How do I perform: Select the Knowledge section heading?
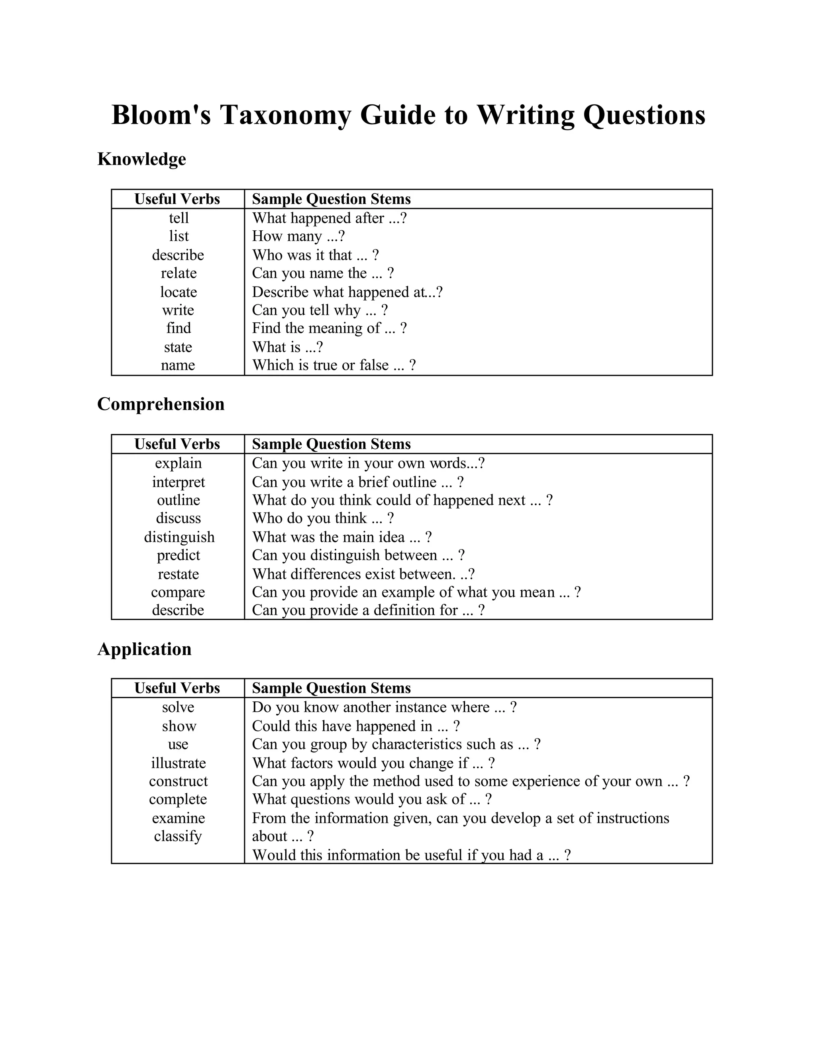pyautogui.click(x=141, y=159)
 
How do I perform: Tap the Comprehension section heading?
pyautogui.click(x=161, y=404)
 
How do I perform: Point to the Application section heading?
pyautogui.click(x=145, y=649)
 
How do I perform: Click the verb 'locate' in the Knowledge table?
pyautogui.click(x=178, y=292)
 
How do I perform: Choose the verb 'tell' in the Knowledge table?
pyautogui.click(x=178, y=218)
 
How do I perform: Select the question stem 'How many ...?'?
pyautogui.click(x=298, y=236)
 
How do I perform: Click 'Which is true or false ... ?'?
pyautogui.click(x=333, y=365)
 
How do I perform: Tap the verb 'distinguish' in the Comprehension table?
pyautogui.click(x=179, y=537)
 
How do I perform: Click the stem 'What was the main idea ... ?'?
pyautogui.click(x=342, y=537)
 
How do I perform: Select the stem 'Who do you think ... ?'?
pyautogui.click(x=322, y=518)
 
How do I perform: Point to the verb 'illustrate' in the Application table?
pyautogui.click(x=178, y=763)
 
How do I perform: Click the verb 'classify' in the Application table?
pyautogui.click(x=178, y=836)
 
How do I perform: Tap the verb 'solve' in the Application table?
pyautogui.click(x=178, y=707)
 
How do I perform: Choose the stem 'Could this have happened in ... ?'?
pyautogui.click(x=356, y=726)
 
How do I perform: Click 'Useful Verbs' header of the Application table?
pyautogui.click(x=177, y=688)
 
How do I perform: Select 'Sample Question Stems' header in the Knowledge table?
pyautogui.click(x=331, y=199)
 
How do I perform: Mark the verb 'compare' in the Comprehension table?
pyautogui.click(x=178, y=592)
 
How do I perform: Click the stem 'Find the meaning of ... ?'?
pyautogui.click(x=329, y=328)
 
